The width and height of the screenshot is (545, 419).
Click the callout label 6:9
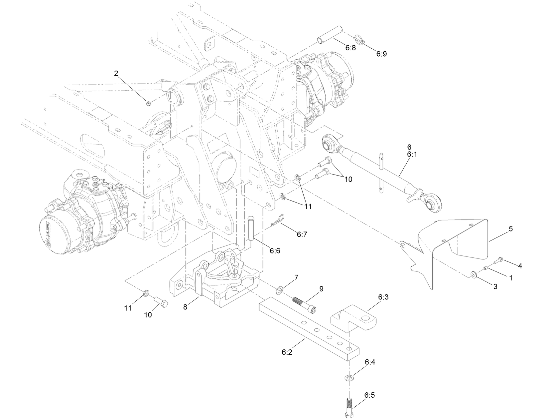point(381,53)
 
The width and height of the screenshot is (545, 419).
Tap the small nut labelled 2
point(148,104)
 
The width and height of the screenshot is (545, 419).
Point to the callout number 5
point(510,229)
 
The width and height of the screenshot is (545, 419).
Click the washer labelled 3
point(473,275)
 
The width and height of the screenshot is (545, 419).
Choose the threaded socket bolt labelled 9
point(304,304)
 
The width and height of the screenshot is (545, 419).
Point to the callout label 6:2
point(287,352)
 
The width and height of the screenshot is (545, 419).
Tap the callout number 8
point(185,307)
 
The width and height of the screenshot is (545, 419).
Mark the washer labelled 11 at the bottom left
point(146,293)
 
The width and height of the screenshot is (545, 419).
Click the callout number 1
point(510,277)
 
